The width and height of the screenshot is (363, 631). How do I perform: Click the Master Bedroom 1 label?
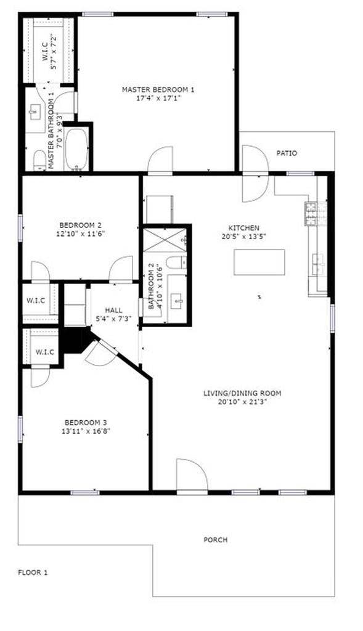[x=158, y=90]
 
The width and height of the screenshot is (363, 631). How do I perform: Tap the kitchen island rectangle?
[x=259, y=262]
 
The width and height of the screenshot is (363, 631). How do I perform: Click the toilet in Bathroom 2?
[x=177, y=263]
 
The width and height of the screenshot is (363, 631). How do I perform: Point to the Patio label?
[x=287, y=153]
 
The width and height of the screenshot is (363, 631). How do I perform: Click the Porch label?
[x=216, y=540]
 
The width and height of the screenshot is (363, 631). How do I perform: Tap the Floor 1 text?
[x=33, y=572]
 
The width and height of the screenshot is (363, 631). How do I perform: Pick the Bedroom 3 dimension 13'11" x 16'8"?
[x=87, y=431]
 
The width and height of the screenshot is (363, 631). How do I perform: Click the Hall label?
[x=114, y=310]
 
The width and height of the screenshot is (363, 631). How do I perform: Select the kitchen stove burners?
[x=310, y=213]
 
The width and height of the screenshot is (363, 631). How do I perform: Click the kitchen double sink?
[x=319, y=264]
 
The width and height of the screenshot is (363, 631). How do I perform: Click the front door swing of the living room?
[x=191, y=474]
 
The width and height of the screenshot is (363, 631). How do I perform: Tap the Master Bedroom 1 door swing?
[x=160, y=160]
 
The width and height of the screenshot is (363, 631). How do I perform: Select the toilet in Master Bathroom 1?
[x=39, y=161]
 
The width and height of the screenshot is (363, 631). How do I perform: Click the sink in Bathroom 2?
[x=177, y=302]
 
